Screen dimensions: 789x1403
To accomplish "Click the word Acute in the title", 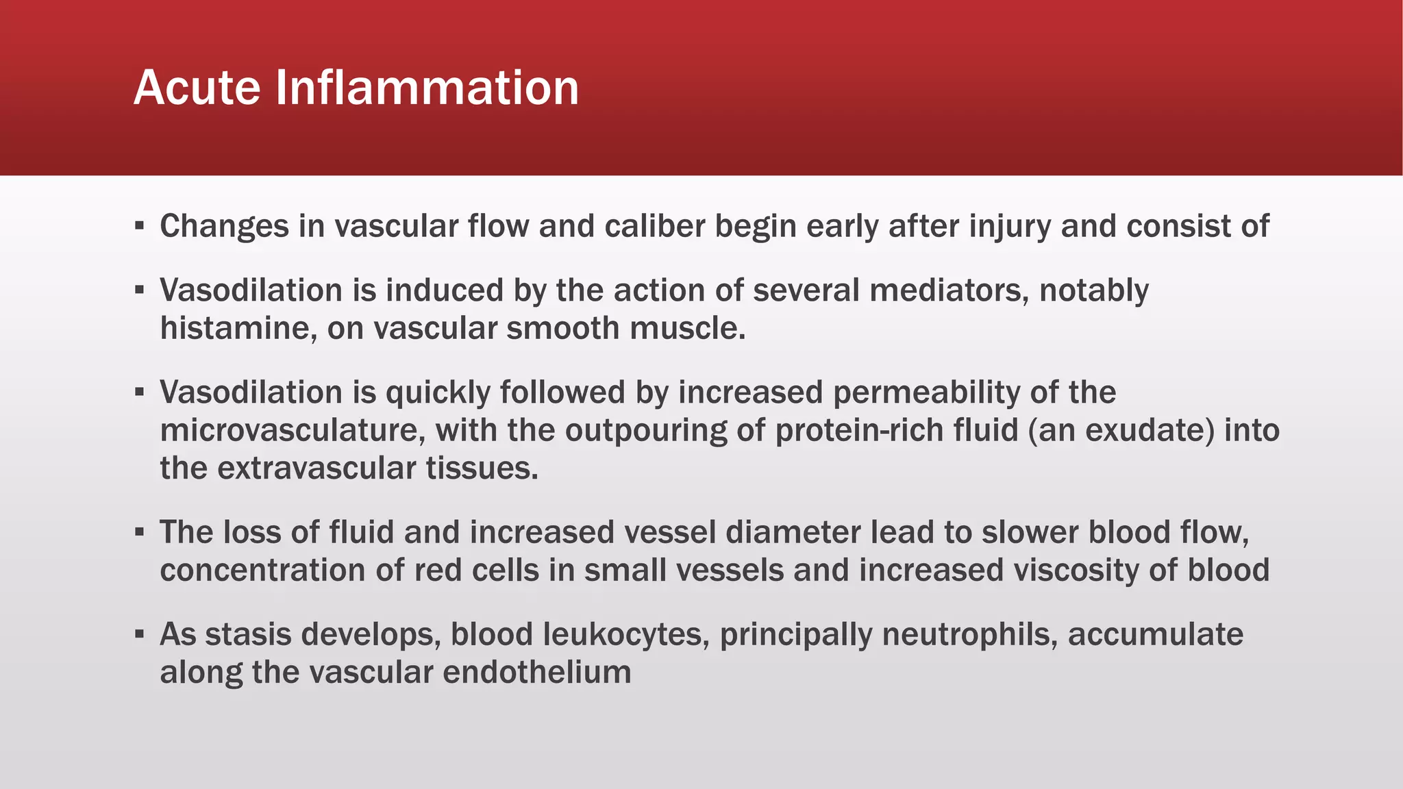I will coord(197,88).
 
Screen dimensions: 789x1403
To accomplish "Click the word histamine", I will coord(238,328).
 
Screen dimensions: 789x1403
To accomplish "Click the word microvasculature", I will coord(293,430).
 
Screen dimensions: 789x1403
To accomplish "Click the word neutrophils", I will coord(969,635).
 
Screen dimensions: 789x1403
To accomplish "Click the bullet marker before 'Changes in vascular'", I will coord(140,225).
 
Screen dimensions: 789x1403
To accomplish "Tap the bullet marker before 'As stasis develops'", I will coord(140,634).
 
